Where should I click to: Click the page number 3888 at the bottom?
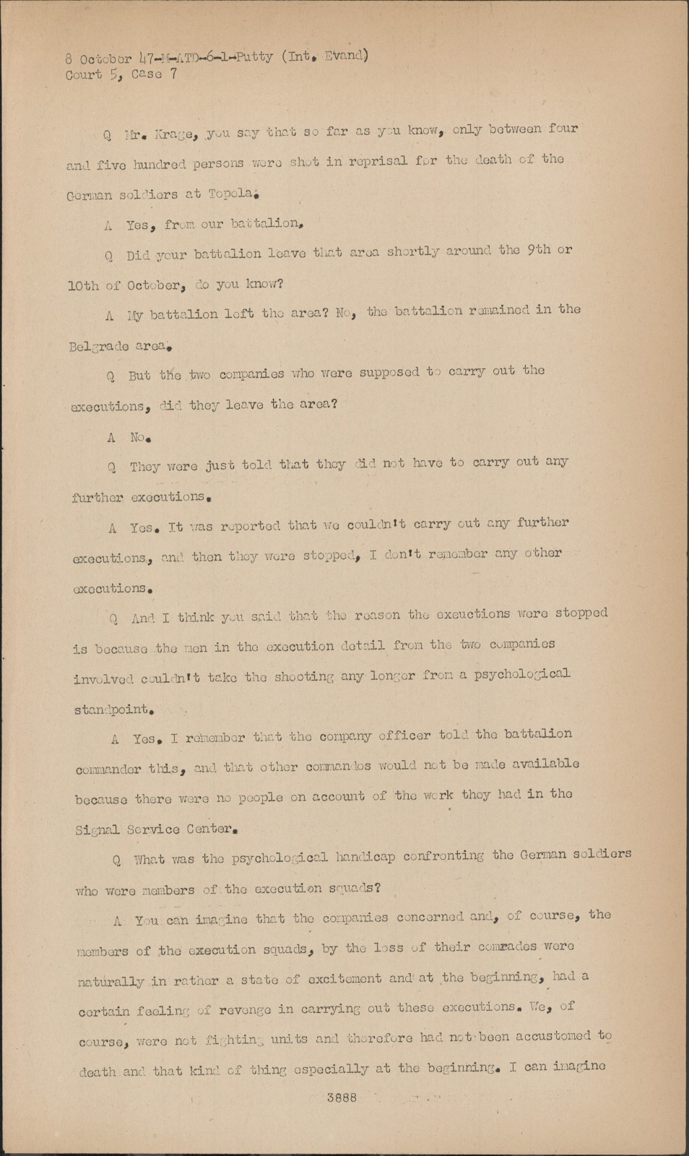pyautogui.click(x=342, y=1097)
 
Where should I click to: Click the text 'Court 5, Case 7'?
pyautogui.click(x=121, y=75)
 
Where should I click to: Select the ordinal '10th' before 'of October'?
pyautogui.click(x=83, y=285)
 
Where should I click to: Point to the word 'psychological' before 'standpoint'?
pyautogui.click(x=519, y=675)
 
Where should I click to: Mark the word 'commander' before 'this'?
pyautogui.click(x=108, y=769)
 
